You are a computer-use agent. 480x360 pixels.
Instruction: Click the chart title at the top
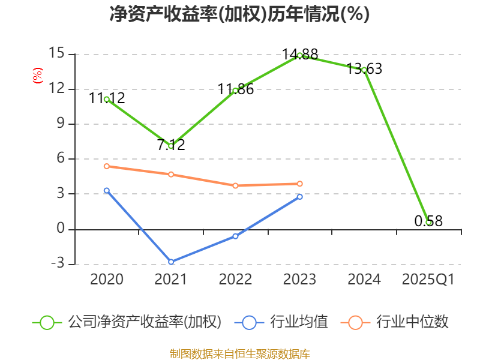tap(239, 14)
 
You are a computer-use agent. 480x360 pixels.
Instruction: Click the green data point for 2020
tap(106, 99)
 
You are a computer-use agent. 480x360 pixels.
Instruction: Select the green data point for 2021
tap(171, 146)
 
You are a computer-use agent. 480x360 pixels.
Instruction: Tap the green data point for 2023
tap(300, 55)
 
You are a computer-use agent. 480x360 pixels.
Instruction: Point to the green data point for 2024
tap(364, 70)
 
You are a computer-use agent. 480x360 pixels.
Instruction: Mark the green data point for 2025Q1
tap(428, 222)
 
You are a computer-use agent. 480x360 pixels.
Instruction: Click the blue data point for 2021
tap(171, 262)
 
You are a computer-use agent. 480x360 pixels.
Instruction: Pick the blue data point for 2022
tap(235, 236)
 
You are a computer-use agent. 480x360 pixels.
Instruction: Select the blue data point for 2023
tap(300, 196)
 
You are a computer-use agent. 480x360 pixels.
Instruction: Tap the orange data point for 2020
tap(106, 166)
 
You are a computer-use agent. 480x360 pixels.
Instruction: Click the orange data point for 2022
tap(235, 185)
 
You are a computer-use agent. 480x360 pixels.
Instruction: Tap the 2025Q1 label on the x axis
tap(428, 280)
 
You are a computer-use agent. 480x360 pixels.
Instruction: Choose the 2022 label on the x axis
tap(235, 280)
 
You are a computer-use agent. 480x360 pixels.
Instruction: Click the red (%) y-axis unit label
tap(37, 76)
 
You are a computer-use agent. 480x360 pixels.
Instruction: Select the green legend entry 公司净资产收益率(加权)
tap(127, 322)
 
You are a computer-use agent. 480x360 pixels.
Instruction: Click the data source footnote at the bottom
tap(239, 353)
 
